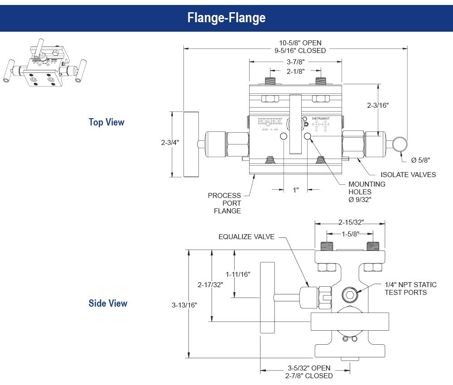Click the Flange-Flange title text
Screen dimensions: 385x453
pos(226,18)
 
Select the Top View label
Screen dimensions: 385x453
pos(106,122)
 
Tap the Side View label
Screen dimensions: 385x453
pos(108,303)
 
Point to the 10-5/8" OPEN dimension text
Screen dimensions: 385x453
pos(300,43)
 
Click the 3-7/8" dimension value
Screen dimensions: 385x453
pos(295,62)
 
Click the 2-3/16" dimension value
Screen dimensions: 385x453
pos(378,105)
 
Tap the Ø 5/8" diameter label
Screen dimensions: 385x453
pos(420,159)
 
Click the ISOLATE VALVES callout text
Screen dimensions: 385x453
pos(408,174)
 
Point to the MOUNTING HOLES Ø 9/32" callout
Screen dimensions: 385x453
pos(366,192)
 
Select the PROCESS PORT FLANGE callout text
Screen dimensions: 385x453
pos(225,203)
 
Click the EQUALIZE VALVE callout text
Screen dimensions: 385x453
pos(246,236)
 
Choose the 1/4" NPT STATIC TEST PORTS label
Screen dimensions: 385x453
pos(410,289)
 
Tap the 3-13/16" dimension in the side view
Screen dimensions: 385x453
pos(184,305)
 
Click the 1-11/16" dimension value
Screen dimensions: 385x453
pos(238,274)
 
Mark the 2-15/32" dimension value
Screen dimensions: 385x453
pos(351,222)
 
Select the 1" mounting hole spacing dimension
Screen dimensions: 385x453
pos(296,190)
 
